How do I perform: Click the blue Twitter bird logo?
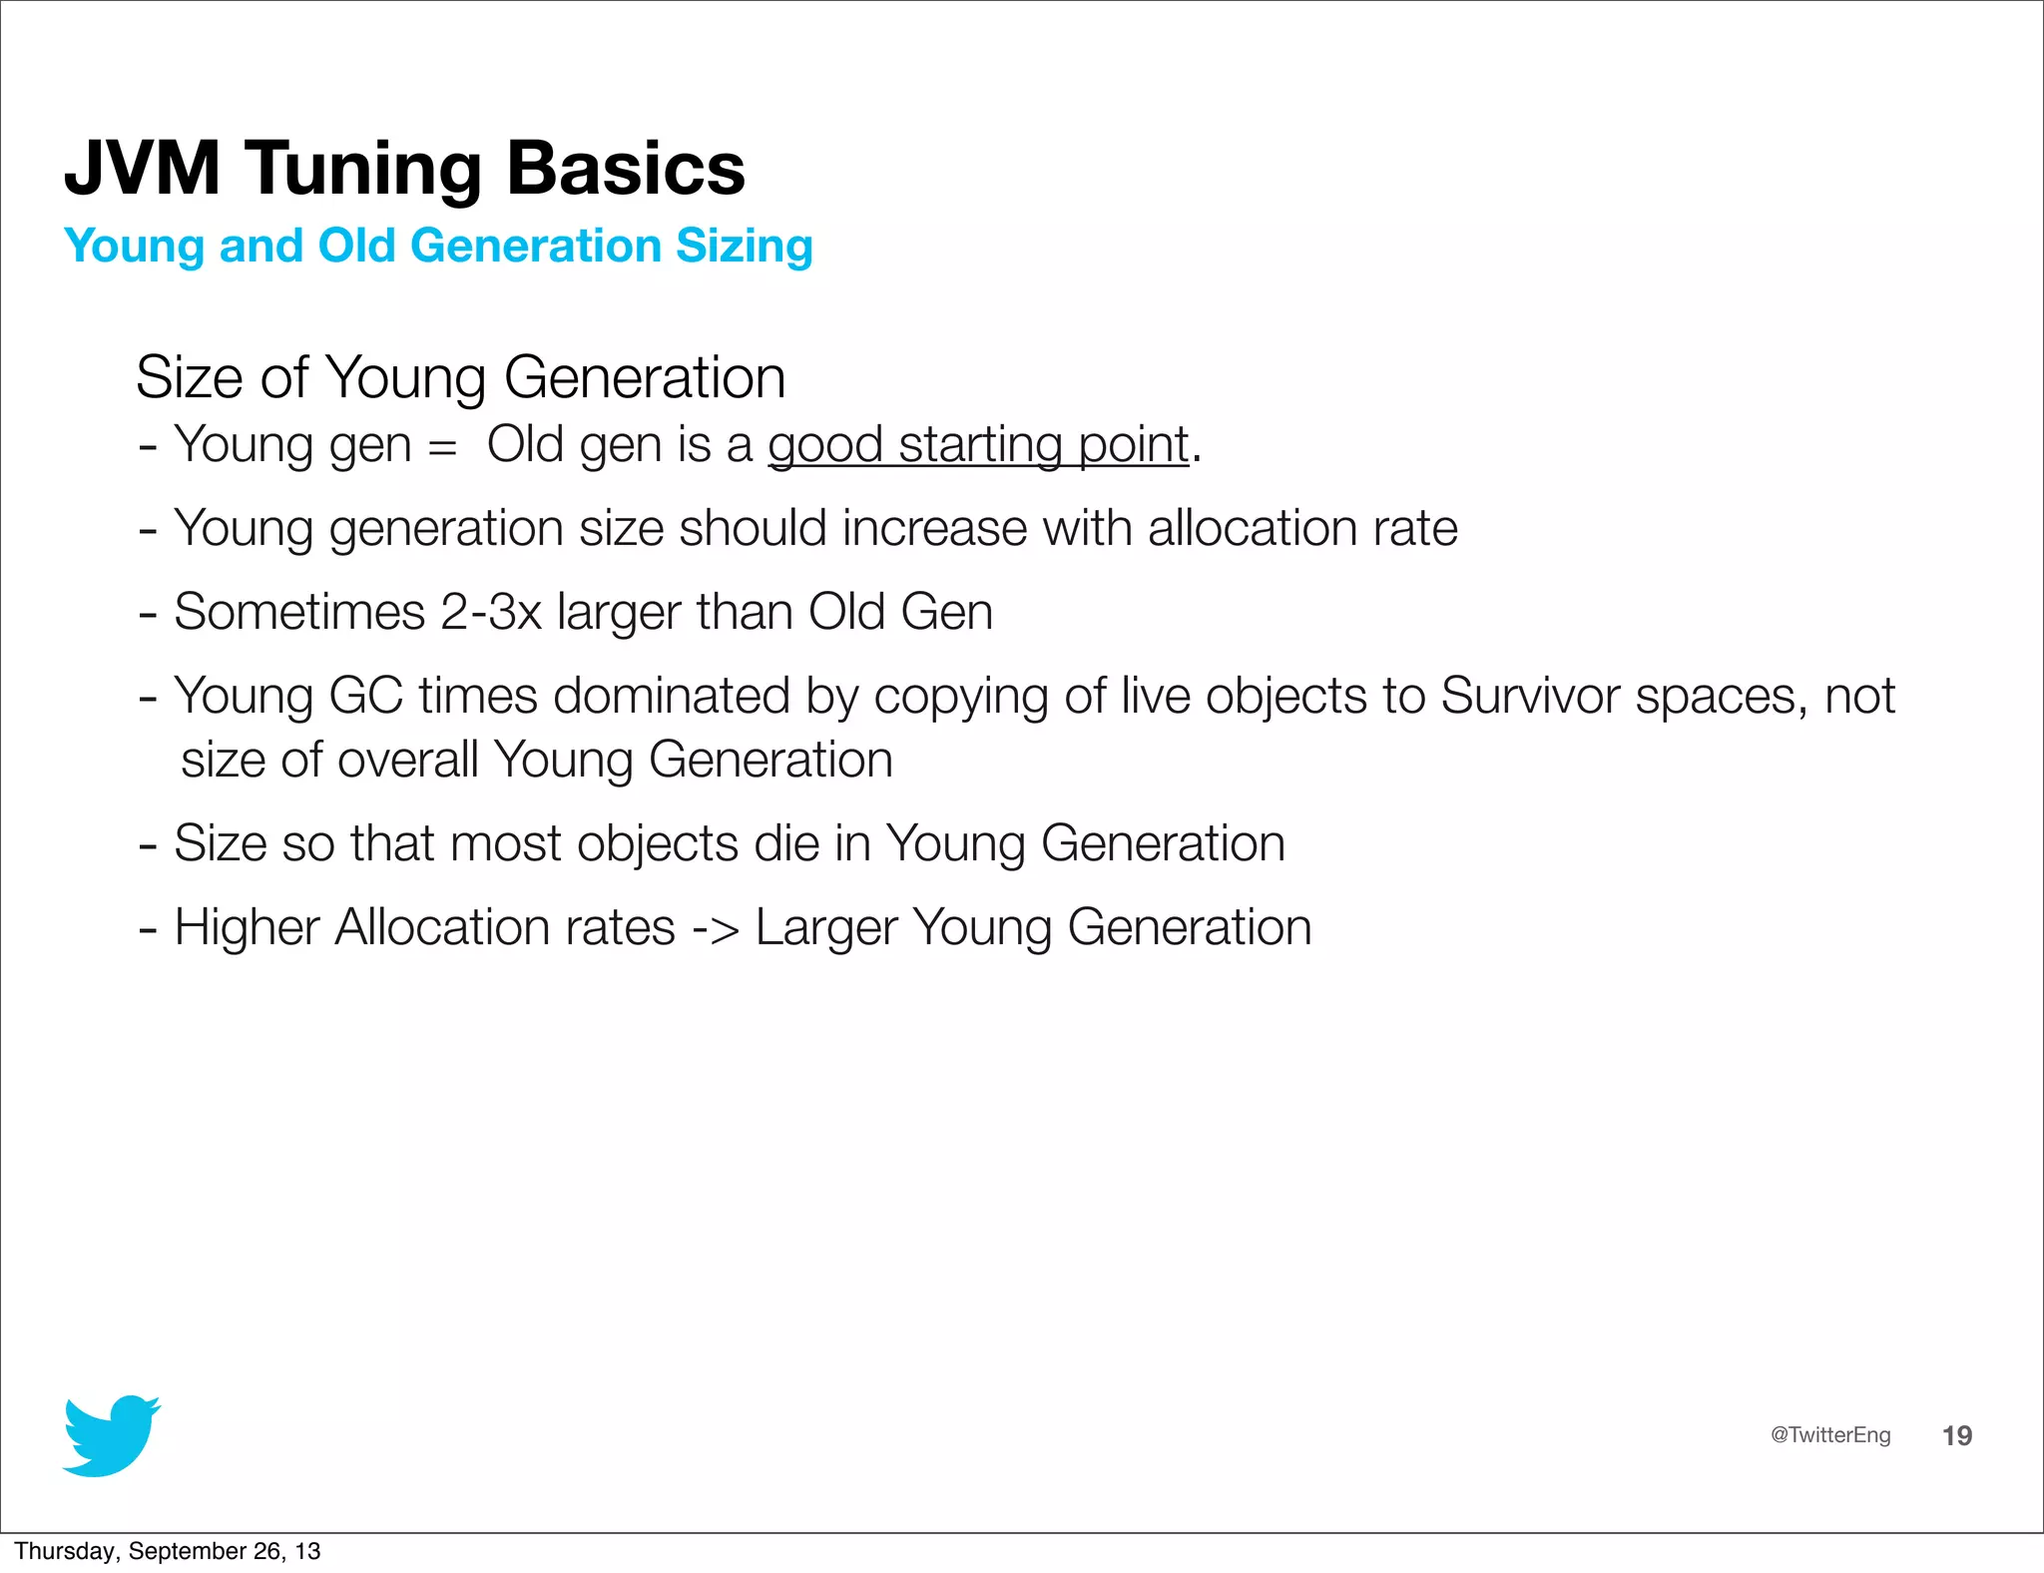(x=111, y=1435)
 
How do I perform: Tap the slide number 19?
(x=1956, y=1435)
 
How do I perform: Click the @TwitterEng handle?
(x=1829, y=1434)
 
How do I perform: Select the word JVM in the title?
(x=143, y=168)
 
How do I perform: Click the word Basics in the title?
(x=626, y=168)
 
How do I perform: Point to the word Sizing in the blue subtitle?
(x=744, y=246)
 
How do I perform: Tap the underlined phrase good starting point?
(x=978, y=444)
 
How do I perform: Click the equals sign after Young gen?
(x=441, y=446)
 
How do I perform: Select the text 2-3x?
(x=490, y=611)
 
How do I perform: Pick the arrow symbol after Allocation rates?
(x=716, y=928)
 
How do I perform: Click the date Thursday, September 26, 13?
(x=167, y=1551)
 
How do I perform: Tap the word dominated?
(x=671, y=696)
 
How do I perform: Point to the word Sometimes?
(x=299, y=611)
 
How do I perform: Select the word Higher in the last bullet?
(x=247, y=927)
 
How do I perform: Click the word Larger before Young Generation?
(x=825, y=928)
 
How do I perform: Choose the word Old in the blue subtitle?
(x=356, y=246)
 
